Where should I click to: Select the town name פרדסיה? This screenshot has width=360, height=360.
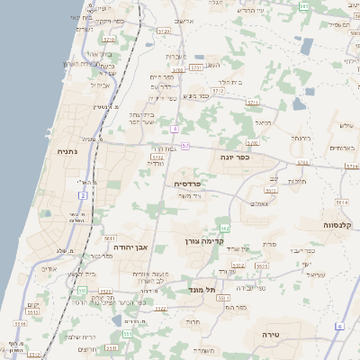[191, 184]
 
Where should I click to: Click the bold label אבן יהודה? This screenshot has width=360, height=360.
[130, 245]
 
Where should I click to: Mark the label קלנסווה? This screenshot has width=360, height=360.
[342, 224]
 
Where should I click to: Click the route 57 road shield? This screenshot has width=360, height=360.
[184, 145]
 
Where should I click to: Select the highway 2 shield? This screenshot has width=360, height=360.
[83, 194]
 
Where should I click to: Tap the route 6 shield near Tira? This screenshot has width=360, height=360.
[339, 325]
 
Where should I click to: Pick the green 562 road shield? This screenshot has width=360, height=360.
[225, 228]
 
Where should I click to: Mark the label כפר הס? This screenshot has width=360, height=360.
[235, 307]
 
